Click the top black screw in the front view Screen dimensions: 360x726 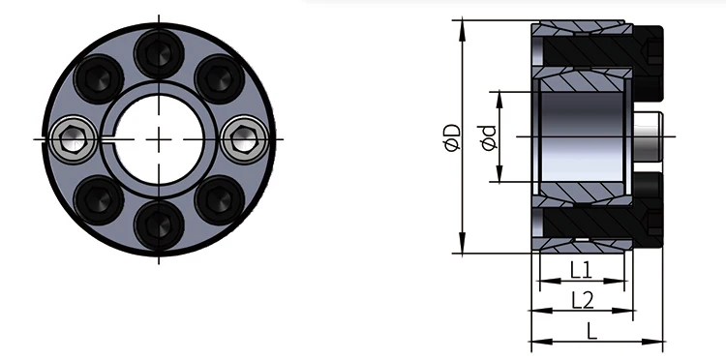pyautogui.click(x=156, y=48)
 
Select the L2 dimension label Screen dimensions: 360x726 pyautogui.click(x=582, y=299)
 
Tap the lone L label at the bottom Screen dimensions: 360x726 pyautogui.click(x=591, y=330)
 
